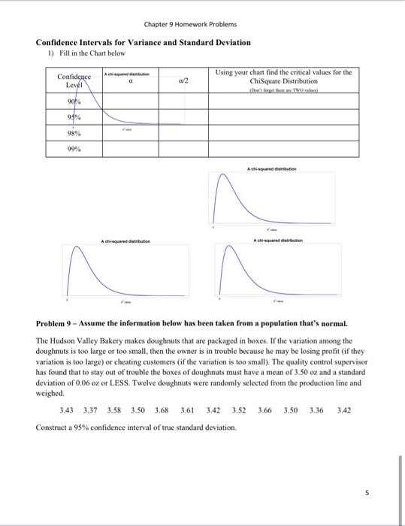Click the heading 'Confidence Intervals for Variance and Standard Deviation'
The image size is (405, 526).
pyautogui.click(x=144, y=43)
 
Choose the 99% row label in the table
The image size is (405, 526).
pyautogui.click(x=73, y=150)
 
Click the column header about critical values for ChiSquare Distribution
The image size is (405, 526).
pyautogui.click(x=283, y=77)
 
